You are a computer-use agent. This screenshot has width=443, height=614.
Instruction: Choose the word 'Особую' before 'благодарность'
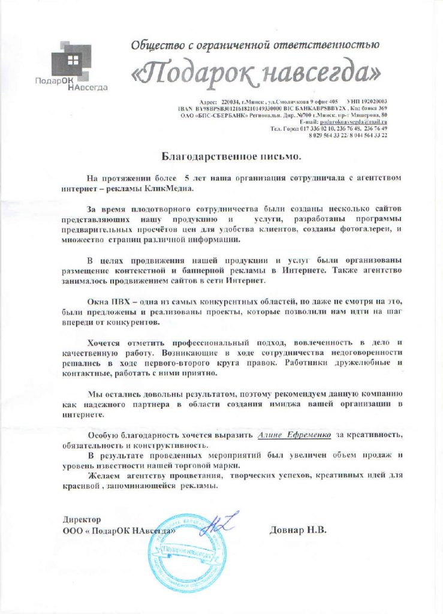[x=103, y=434]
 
